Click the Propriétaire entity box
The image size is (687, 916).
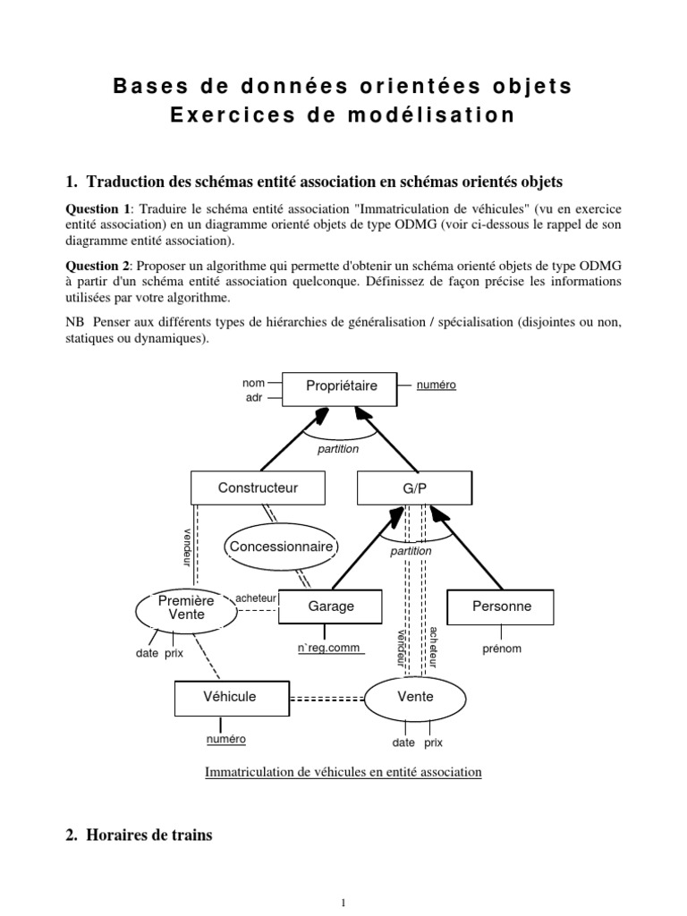coord(341,386)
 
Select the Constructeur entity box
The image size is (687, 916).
coord(258,488)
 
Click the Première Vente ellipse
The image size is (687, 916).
coord(186,608)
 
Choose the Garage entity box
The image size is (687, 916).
coord(331,606)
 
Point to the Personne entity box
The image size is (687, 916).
coord(501,606)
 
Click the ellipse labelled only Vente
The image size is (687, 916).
coord(415,697)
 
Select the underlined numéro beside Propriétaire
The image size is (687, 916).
coord(436,385)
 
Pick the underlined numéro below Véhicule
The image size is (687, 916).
coord(225,740)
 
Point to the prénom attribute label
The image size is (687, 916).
coord(500,649)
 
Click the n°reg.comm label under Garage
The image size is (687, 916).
coord(330,649)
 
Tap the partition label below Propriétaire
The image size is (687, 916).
coord(337,449)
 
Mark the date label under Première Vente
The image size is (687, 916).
coord(147,653)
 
